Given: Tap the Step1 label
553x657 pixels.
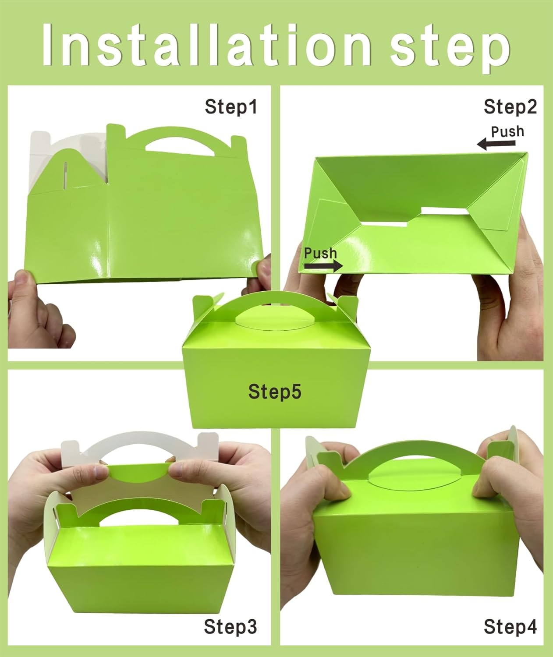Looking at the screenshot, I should point(231,107).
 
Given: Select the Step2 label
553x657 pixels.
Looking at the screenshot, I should point(510,107).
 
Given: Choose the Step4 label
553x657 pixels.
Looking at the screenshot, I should point(510,627).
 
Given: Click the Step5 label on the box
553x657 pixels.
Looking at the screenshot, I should point(275,391).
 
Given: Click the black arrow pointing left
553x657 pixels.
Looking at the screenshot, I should point(489,143).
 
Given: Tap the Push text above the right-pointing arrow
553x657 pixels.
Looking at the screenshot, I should point(320,253).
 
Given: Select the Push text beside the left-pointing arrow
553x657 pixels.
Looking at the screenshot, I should point(507,131).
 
